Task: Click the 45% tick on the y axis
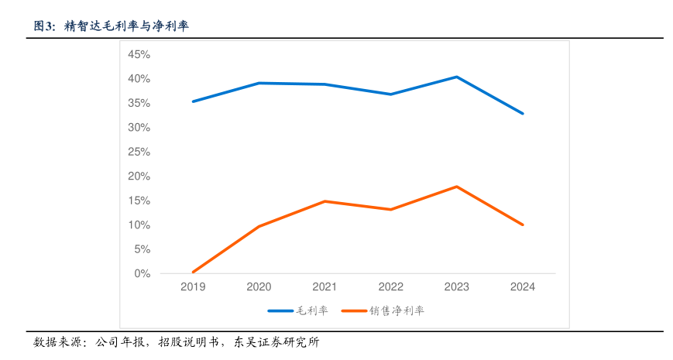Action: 139,54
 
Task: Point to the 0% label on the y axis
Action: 142,273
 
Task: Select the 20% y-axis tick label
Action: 139,176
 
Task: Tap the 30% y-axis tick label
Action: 139,127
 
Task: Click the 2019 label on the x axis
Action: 193,286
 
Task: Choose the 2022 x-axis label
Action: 390,286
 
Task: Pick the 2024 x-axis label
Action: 523,286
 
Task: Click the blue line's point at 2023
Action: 457,77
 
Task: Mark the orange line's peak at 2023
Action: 457,187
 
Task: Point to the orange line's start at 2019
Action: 193,272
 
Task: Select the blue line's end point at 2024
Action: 523,113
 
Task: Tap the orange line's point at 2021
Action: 324,201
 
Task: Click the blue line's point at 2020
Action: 259,83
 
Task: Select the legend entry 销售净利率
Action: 397,310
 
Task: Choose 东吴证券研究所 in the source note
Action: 276,341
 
